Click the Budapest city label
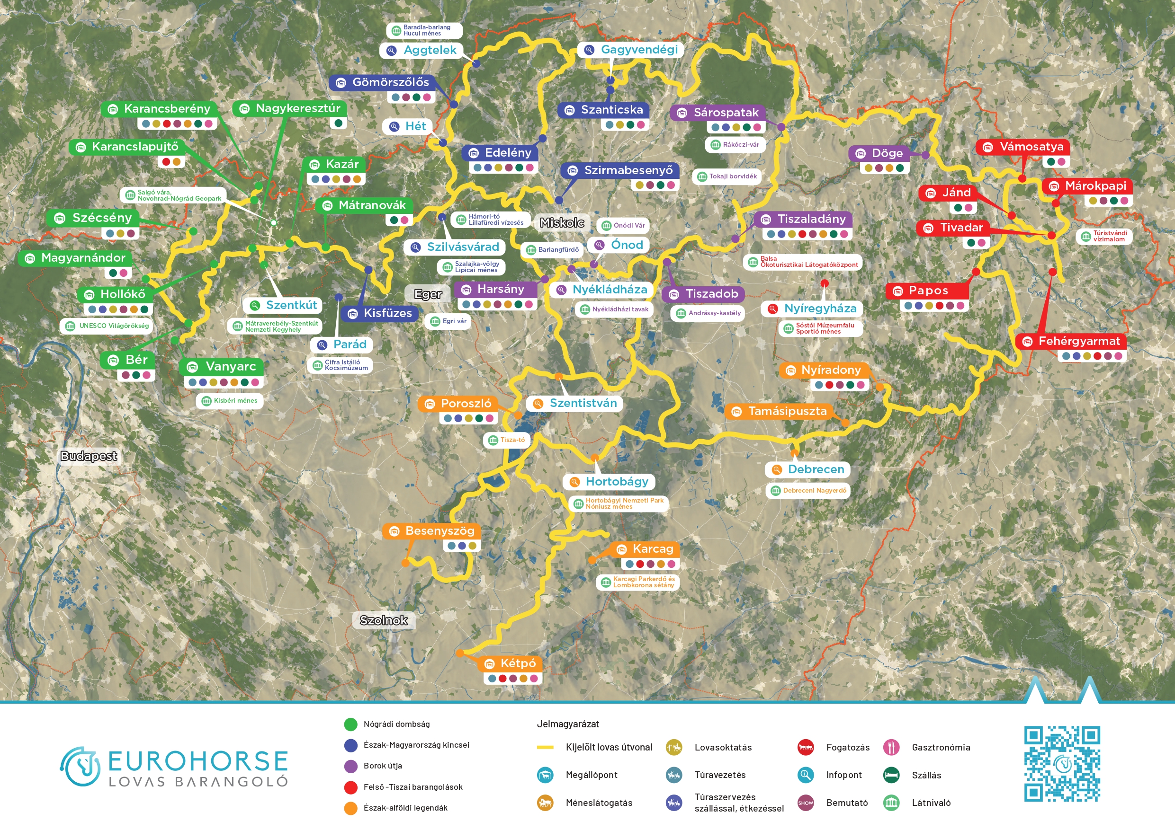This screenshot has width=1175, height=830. coord(89,456)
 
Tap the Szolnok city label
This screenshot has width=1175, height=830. coord(383,620)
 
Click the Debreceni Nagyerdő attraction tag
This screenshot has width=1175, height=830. coord(807,490)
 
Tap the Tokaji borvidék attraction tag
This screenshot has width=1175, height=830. coord(727,177)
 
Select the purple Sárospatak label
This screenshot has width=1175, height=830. coord(718,113)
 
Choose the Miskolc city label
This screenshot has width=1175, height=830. coord(562,222)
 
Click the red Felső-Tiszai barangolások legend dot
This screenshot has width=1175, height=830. coord(350,787)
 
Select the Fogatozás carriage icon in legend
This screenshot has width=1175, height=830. coord(806,747)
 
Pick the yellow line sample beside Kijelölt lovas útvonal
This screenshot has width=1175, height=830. coord(545,747)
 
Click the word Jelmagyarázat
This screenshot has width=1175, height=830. coord(567,724)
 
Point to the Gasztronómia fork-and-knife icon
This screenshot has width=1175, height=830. coord(891,747)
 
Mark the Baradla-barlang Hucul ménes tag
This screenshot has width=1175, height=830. coord(424,31)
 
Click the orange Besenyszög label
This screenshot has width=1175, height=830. coord(431,531)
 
